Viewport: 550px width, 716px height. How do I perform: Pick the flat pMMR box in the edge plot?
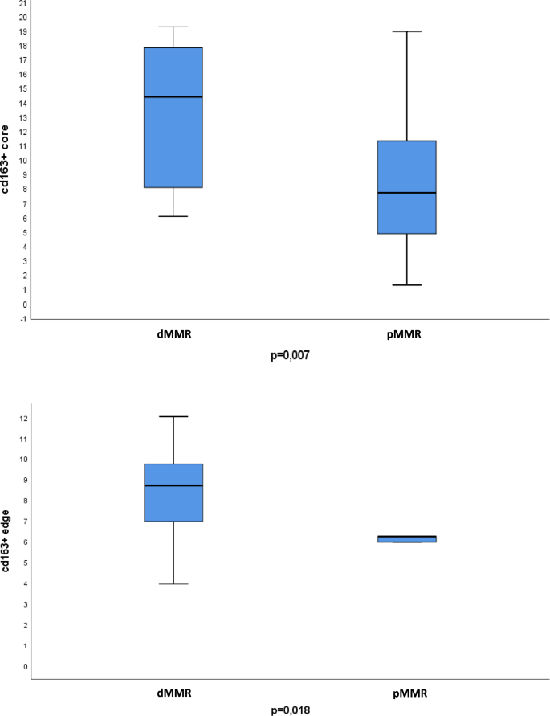point(407,539)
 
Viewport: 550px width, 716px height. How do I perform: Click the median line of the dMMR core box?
point(173,96)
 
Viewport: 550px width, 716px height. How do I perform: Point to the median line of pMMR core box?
point(407,193)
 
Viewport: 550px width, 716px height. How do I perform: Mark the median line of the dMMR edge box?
point(173,485)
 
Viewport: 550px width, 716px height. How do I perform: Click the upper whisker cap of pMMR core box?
point(407,31)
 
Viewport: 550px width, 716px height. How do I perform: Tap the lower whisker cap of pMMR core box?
point(407,285)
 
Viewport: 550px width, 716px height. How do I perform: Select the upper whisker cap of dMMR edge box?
point(173,416)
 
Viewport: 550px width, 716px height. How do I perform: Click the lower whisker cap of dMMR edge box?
point(173,584)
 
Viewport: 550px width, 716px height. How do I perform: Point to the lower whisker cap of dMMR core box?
point(173,216)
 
